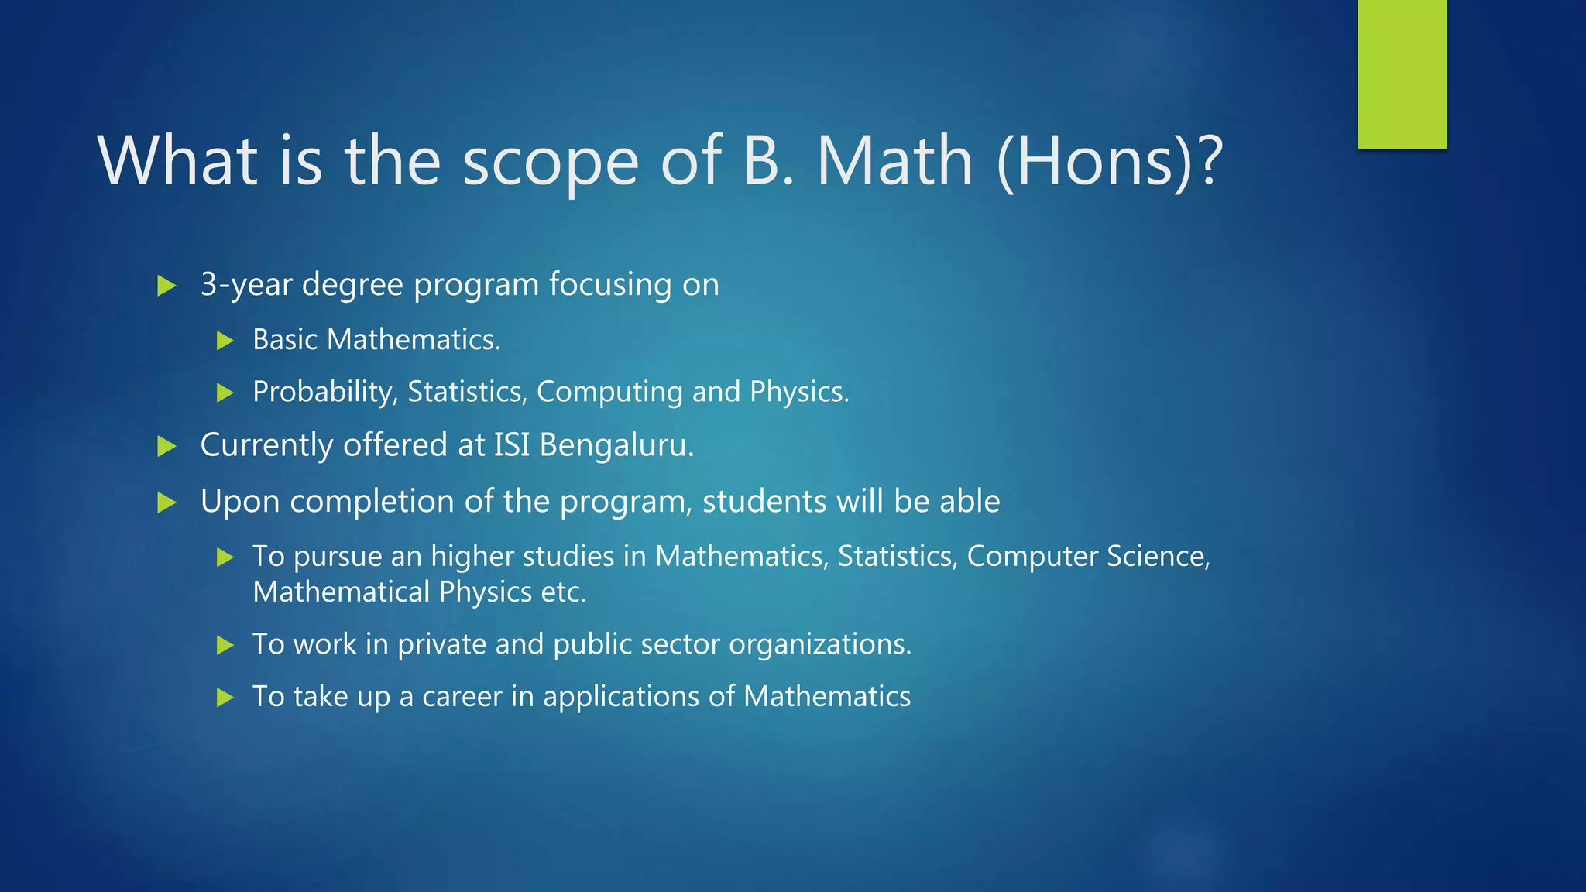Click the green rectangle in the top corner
pyautogui.click(x=1402, y=74)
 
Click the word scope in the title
pyautogui.click(x=550, y=163)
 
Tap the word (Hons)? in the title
pyautogui.click(x=1109, y=163)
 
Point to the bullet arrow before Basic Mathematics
pyautogui.click(x=225, y=341)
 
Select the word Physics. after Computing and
pyautogui.click(x=799, y=392)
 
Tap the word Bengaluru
pyautogui.click(x=616, y=445)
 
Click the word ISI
pyautogui.click(x=512, y=445)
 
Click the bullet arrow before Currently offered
pyautogui.click(x=166, y=446)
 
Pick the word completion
pyautogui.click(x=372, y=502)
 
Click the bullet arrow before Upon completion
pyautogui.click(x=166, y=503)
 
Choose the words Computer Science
pyautogui.click(x=1087, y=557)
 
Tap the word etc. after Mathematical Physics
pyautogui.click(x=563, y=592)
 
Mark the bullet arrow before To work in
pyautogui.click(x=225, y=645)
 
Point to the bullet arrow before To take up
pyautogui.click(x=225, y=698)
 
